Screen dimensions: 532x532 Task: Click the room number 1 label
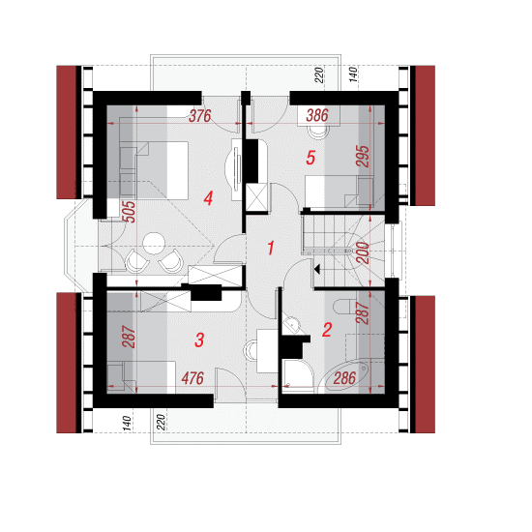[271, 248]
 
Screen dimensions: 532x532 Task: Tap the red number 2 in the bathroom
[327, 330]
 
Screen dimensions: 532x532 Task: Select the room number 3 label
[199, 340]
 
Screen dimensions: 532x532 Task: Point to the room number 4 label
[208, 198]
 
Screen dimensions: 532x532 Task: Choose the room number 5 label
[310, 158]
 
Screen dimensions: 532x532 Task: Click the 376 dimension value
[200, 116]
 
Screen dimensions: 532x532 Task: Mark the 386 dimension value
[317, 115]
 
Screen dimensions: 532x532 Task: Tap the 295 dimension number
[362, 156]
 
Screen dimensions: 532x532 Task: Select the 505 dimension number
[129, 212]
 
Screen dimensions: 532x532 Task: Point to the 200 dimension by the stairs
[363, 252]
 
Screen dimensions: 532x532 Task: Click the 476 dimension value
[192, 378]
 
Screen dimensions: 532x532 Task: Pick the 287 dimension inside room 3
[129, 337]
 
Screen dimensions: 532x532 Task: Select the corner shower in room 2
[298, 376]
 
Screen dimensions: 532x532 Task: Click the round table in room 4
[154, 243]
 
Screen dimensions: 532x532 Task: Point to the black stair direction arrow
[317, 270]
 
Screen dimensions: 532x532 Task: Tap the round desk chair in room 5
[318, 132]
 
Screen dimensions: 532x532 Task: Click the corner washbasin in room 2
[291, 326]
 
